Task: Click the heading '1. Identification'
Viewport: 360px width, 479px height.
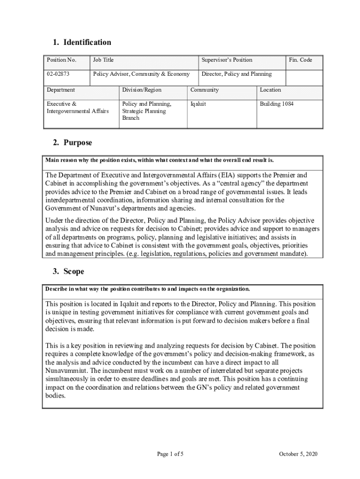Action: [x=82, y=43]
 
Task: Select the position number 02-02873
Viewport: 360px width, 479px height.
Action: [x=58, y=74]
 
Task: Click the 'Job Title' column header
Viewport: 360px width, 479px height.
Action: [x=103, y=60]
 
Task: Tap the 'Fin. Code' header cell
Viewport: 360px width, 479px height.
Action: [x=300, y=60]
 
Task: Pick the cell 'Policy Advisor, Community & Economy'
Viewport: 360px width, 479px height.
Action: [x=141, y=74]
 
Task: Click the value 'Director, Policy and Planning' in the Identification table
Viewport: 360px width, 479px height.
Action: [x=236, y=74]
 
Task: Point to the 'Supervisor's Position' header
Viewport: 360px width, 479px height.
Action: [x=227, y=60]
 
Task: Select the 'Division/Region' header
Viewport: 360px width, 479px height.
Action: [x=142, y=90]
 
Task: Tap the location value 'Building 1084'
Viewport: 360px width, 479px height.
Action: [x=277, y=104]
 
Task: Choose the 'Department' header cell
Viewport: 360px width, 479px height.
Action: [x=61, y=90]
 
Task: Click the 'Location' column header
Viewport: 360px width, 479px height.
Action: [x=270, y=90]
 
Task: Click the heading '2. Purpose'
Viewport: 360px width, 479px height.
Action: [x=72, y=143]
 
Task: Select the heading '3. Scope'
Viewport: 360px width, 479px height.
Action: [x=68, y=272]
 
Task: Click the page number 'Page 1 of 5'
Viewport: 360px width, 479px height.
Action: [x=170, y=454]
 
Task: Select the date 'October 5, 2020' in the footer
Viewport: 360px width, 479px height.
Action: [x=298, y=454]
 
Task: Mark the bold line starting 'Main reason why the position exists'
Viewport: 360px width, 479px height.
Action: [x=159, y=160]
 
